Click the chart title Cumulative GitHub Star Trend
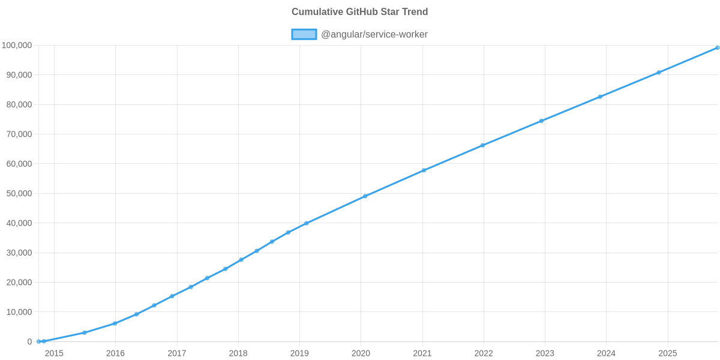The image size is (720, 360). coord(359,12)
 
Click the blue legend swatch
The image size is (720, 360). coord(304,34)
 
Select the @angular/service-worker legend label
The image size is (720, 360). coord(374,34)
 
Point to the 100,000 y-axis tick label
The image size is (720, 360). coord(17,46)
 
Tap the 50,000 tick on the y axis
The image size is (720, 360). coord(19,194)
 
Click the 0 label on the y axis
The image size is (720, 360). coord(29,341)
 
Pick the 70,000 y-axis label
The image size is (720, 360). coord(19,134)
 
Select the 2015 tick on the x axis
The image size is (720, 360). coord(54,353)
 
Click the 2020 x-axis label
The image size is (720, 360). coord(361,353)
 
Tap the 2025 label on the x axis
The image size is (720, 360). coord(668,353)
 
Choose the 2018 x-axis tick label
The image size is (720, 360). coord(238,353)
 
